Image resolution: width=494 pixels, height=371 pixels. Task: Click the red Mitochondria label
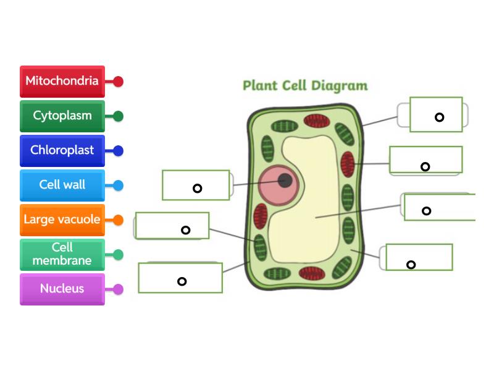point(62,81)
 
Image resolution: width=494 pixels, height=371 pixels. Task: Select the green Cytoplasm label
point(62,116)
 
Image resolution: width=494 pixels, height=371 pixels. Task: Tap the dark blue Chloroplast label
point(62,150)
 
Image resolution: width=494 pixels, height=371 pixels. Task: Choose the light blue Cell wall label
point(62,185)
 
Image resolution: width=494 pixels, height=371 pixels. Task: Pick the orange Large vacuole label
point(62,220)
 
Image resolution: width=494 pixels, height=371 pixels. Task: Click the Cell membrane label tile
point(62,254)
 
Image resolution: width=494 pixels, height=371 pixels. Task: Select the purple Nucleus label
point(62,289)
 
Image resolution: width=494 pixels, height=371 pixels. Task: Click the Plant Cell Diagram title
point(305,85)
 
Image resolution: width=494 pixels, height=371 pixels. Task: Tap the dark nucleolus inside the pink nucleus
point(285,181)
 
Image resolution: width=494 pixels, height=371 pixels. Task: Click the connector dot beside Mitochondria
point(118,82)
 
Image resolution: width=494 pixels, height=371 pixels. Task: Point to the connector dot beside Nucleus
point(118,289)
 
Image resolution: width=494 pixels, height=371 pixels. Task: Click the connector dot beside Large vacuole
point(118,220)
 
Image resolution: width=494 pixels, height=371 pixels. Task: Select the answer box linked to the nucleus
point(196,185)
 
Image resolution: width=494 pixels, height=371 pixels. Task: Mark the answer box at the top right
point(436,114)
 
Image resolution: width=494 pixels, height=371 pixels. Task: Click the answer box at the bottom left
point(180,278)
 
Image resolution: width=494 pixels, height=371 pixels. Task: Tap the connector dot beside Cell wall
point(118,185)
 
